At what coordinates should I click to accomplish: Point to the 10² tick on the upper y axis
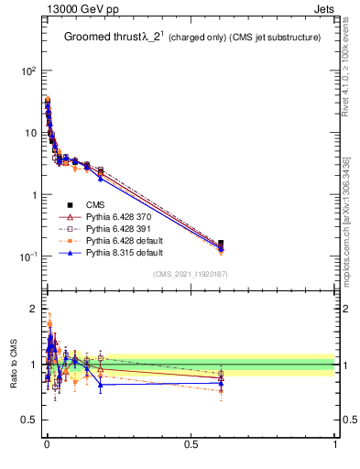point(27,71)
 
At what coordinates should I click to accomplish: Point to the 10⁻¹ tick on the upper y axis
point(27,257)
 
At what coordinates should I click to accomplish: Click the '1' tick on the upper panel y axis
point(32,195)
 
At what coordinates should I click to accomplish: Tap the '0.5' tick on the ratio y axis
point(27,422)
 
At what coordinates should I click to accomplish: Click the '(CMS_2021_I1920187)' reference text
point(190,274)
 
